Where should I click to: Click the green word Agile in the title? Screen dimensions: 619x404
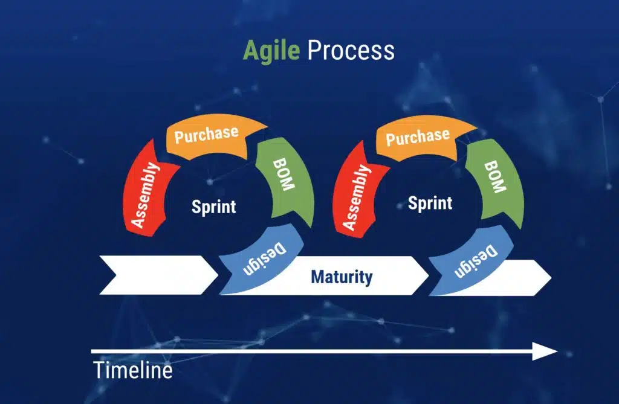point(271,51)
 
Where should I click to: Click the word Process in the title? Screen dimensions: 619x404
point(351,50)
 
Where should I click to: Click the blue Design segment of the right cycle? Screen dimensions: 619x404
point(472,261)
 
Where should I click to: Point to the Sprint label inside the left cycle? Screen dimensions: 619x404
point(213,207)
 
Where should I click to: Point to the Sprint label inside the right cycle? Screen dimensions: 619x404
point(430,203)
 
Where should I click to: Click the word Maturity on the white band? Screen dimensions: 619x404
point(342,277)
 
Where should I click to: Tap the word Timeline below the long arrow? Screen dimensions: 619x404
point(133,370)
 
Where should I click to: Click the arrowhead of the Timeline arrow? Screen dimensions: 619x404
point(545,351)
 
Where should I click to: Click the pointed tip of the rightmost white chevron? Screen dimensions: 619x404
point(551,278)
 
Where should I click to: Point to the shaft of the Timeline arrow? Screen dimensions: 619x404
point(312,351)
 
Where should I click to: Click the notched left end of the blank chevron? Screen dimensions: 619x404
point(114,275)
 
